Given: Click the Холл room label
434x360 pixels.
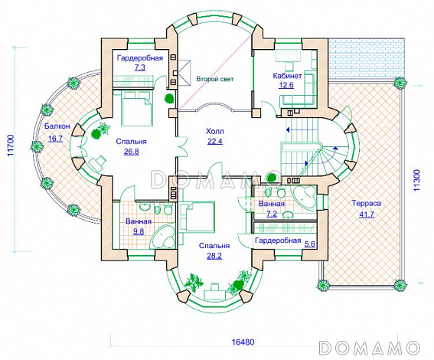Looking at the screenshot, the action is [215, 131].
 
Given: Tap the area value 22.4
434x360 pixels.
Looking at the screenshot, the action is [215, 141].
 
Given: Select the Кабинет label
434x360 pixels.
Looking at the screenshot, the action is [287, 76].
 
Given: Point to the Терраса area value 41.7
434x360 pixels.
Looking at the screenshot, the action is [367, 214].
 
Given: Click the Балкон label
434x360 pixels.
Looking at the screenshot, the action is [57, 126].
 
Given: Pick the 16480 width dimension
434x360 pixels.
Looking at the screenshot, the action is [243, 342].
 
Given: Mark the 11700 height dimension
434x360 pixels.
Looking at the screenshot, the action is [11, 146].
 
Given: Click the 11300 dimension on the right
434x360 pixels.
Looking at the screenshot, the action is [416, 180].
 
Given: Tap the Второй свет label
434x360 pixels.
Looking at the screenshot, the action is [215, 79].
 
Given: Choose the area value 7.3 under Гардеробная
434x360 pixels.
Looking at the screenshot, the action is [139, 67].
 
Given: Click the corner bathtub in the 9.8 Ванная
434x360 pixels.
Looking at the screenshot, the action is [163, 236].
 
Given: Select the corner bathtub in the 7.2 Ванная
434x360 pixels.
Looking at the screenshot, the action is [305, 197].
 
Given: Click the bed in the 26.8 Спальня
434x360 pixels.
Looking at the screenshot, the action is [137, 109].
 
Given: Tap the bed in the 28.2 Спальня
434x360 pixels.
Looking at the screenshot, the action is [197, 217].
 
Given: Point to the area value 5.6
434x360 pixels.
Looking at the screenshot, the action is [309, 244].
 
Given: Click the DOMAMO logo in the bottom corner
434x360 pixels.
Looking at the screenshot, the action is [369, 347].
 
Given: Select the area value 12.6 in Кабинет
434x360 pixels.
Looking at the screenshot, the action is [286, 85].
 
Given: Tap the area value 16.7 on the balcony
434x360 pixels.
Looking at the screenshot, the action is [55, 138].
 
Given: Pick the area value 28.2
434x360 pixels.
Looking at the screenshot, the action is [214, 256].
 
